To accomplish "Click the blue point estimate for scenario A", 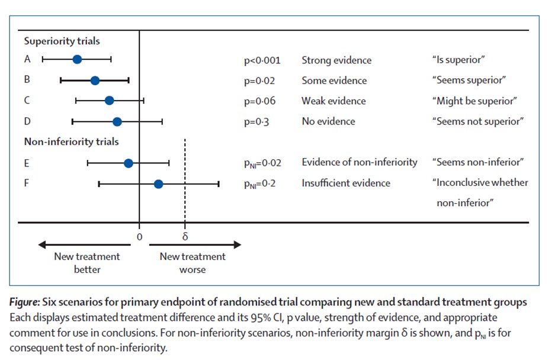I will coord(77,59).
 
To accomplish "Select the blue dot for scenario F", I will coord(158,184).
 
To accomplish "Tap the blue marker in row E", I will coord(129,163).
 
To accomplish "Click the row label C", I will coord(27,101).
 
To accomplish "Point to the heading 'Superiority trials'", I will coord(62,41).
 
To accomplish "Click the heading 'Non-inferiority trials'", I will coord(71,142).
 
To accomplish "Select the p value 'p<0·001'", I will coord(262,60).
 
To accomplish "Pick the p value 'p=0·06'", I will coord(259,101).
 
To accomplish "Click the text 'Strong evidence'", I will coord(336,60).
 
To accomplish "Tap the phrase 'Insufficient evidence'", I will coord(346,183).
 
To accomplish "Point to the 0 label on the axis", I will coord(140,236).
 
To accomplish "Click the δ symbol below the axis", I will coord(185,236).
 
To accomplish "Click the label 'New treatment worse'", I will coord(193,263).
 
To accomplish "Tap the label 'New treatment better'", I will coord(86,263).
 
